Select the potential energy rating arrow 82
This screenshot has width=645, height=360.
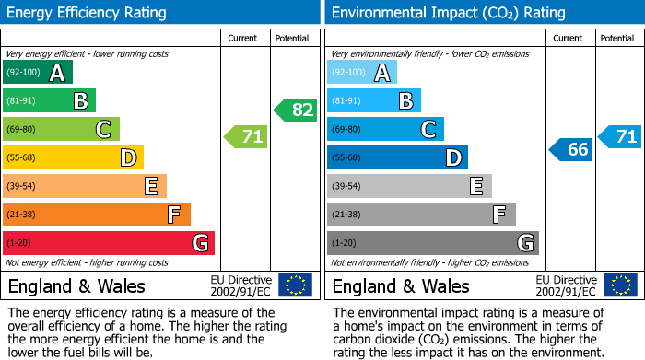[x=295, y=110]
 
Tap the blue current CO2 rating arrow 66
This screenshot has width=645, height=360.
[x=571, y=149]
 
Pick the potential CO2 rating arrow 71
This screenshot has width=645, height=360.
[x=620, y=137]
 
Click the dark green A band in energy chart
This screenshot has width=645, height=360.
[x=38, y=73]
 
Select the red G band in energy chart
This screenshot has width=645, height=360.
[x=109, y=243]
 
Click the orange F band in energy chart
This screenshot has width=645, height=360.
[x=97, y=215]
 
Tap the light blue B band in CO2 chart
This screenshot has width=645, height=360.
[x=373, y=100]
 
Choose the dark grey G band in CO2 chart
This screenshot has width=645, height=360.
[x=432, y=243]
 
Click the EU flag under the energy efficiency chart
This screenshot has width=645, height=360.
[x=295, y=285]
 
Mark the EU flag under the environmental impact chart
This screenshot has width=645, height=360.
[x=621, y=285]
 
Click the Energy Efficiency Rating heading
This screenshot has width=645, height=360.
[x=88, y=13]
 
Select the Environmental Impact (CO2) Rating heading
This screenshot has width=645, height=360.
[x=448, y=13]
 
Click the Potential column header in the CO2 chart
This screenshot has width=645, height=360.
[x=617, y=38]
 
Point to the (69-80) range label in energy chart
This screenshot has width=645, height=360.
[x=22, y=130]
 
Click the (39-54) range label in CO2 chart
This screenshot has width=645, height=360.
[x=347, y=187]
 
